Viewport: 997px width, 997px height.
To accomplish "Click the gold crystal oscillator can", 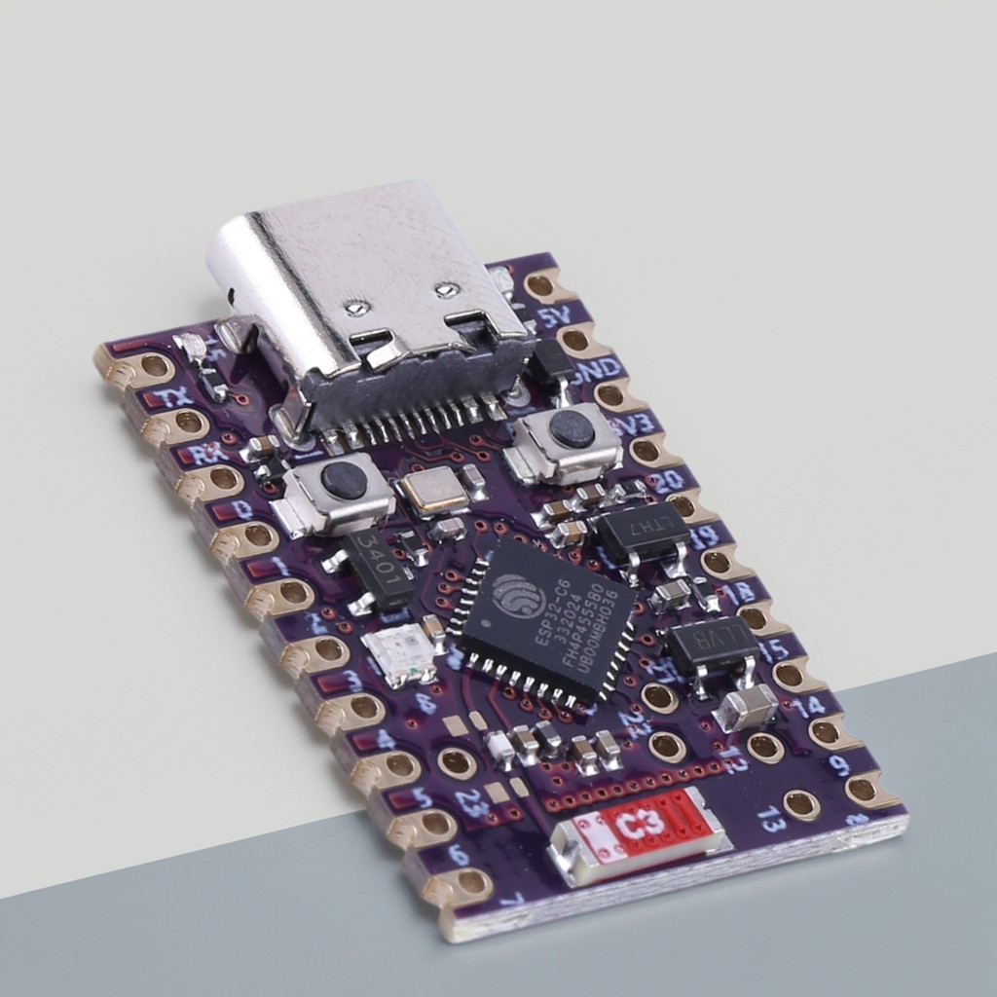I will [434, 489].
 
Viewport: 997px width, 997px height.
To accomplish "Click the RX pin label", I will [209, 453].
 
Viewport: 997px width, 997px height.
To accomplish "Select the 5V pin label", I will [554, 317].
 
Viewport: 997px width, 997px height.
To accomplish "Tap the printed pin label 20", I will [666, 481].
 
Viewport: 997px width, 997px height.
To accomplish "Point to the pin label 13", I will [771, 819].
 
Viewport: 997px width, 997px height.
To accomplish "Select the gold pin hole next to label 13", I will [800, 804].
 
